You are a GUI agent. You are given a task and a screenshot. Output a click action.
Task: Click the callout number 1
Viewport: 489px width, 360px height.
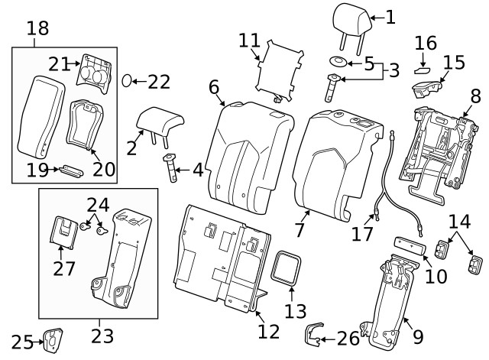click(x=390, y=16)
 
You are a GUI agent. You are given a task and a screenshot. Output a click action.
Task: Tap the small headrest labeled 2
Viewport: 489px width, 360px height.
click(x=162, y=120)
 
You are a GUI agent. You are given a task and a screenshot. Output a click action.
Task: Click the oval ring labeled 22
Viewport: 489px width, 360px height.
click(x=130, y=80)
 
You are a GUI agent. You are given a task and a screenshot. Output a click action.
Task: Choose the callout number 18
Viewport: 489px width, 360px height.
click(x=37, y=29)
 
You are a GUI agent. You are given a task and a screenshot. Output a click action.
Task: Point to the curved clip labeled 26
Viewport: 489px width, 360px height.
click(x=311, y=334)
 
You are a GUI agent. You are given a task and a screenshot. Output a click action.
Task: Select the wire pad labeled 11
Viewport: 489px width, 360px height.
click(x=278, y=69)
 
